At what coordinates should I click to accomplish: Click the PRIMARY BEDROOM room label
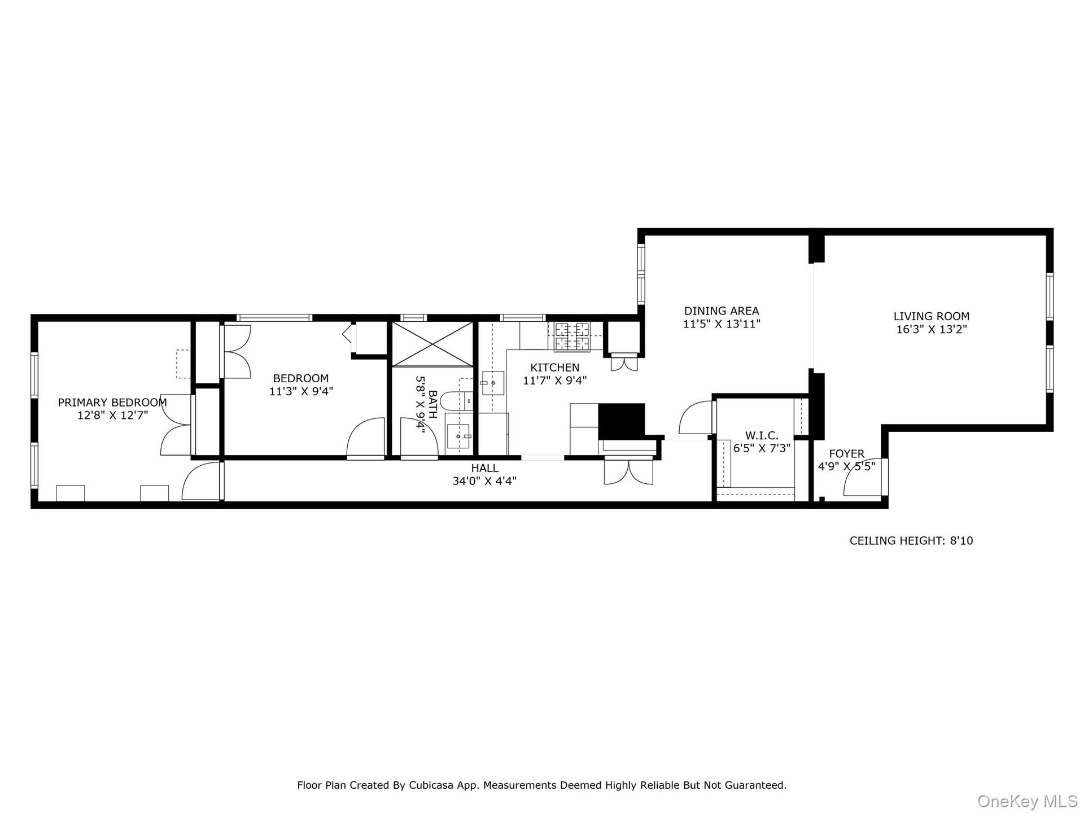tap(112, 403)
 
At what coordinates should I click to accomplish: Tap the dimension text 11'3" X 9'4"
tap(301, 391)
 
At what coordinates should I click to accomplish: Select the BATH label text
tap(432, 404)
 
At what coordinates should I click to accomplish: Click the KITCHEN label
tap(554, 368)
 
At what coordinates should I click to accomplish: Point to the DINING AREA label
tap(722, 311)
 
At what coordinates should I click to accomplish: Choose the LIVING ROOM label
tap(932, 316)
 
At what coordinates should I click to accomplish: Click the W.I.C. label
tap(762, 435)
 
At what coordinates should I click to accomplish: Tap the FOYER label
tap(846, 453)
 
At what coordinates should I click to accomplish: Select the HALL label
tap(485, 468)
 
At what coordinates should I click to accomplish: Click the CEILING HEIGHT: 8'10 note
tap(911, 540)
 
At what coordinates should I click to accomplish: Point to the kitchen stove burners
tap(571, 336)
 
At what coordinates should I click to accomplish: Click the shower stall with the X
tap(432, 344)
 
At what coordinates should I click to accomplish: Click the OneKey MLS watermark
tap(1027, 801)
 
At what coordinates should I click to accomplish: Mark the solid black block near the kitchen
tap(621, 420)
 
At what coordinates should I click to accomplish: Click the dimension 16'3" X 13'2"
tap(932, 329)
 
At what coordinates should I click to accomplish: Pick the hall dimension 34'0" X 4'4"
tap(484, 481)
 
